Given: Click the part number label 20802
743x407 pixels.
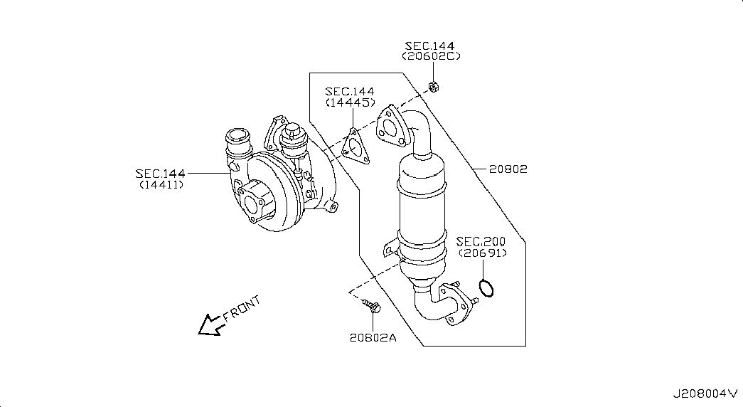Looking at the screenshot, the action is tap(508, 169).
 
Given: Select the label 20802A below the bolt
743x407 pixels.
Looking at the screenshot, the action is tap(373, 337).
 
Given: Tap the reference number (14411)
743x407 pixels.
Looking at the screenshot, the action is tap(161, 184).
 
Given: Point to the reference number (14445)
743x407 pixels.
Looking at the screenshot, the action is tap(351, 102).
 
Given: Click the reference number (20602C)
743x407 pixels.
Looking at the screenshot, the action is tap(431, 56).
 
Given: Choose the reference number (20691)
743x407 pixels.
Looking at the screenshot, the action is tap(482, 253).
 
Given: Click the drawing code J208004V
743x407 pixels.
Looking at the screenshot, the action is tap(705, 393).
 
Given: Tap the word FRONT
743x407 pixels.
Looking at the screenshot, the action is tap(242, 308).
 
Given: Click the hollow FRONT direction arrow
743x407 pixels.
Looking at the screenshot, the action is tap(210, 325).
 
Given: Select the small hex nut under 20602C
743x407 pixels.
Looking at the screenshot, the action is tap(433, 86).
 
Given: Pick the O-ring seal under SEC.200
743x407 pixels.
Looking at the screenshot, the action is tap(486, 288).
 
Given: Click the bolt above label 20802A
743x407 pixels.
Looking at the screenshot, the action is tap(372, 305).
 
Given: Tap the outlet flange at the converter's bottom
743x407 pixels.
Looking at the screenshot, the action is tap(454, 304).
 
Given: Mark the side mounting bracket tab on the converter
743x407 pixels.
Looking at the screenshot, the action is tap(390, 249).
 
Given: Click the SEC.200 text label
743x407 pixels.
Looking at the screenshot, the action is tap(481, 242).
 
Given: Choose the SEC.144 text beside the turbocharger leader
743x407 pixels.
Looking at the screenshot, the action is tap(160, 174).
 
